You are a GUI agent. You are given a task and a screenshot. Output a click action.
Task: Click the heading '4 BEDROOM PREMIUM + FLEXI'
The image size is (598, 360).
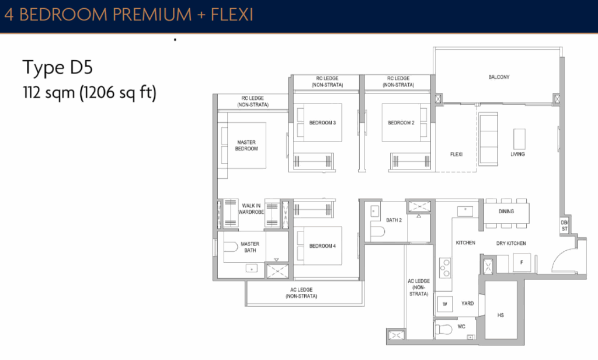coord(128,15)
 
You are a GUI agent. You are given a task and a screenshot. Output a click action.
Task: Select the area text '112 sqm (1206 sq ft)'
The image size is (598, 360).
coord(89,92)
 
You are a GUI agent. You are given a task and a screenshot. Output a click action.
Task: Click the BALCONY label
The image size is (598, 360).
coord(499,77)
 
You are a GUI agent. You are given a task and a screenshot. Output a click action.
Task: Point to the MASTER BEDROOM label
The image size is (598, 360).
coord(246,146)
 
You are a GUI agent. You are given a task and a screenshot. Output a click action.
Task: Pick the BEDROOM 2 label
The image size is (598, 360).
coord(401,123)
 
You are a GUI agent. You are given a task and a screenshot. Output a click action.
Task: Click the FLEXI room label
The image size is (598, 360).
coord(456,154)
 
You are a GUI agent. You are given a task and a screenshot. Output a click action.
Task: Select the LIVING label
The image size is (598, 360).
coord(517,154)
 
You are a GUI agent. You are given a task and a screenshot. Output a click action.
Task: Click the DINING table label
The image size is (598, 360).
coord(506,211)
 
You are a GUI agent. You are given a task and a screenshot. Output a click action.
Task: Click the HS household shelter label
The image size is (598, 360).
coord(500,316)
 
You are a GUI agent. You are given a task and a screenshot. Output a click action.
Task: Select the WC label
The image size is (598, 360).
coord(462,327)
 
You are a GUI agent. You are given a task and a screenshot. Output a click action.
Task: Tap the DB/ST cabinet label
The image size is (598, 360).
coord(564,226)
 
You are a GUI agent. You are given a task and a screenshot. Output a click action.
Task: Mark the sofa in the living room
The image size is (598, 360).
coord(488,139)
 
